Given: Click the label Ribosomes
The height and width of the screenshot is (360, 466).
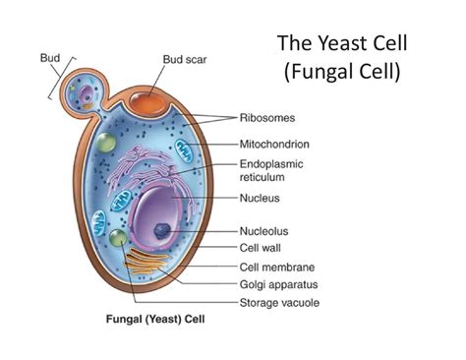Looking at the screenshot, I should (266, 117).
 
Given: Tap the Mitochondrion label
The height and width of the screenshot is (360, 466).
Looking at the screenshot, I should (274, 143).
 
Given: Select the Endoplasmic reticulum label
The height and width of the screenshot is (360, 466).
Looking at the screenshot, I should (272, 172).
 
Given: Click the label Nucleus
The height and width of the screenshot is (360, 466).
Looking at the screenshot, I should (261, 198).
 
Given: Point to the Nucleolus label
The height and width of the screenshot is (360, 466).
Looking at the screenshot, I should (262, 232).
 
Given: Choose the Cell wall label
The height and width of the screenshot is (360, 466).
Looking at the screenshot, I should (261, 249).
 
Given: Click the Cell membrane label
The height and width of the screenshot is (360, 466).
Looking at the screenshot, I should (273, 267).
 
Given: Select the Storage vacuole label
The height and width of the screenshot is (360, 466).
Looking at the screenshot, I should (278, 302).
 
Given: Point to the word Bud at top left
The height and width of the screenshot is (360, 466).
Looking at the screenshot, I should (49, 57).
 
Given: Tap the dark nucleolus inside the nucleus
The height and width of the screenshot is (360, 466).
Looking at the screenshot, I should (159, 232).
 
